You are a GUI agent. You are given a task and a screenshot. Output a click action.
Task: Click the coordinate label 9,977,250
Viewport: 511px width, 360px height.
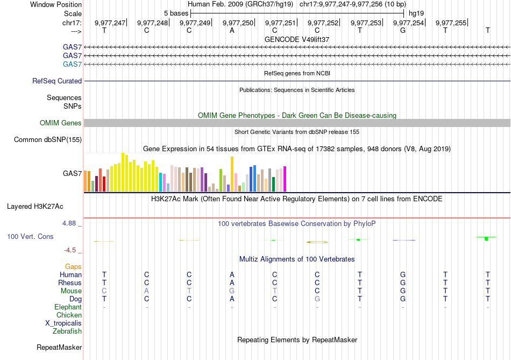(x=237, y=23)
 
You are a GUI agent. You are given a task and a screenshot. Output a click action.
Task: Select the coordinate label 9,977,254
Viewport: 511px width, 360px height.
(x=408, y=23)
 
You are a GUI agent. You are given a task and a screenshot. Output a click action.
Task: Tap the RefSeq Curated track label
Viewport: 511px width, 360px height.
(x=57, y=81)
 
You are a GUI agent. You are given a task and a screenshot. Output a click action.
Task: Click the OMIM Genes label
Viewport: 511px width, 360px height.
(x=61, y=123)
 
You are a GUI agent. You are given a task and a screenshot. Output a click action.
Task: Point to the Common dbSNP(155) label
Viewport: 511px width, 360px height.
(x=48, y=140)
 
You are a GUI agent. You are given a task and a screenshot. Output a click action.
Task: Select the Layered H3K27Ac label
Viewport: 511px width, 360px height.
(x=35, y=206)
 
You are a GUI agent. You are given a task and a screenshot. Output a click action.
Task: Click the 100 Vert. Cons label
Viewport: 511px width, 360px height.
(x=30, y=236)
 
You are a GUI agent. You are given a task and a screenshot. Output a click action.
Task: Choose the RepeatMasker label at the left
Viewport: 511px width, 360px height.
(x=59, y=348)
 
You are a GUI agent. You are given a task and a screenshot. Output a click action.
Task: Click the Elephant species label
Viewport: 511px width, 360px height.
(x=68, y=307)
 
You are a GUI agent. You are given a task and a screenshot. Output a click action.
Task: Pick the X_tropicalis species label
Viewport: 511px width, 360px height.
(x=63, y=323)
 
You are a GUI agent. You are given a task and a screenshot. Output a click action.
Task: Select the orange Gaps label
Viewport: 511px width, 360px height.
(x=73, y=267)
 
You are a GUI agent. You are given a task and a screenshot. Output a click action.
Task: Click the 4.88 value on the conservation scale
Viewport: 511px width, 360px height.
(x=72, y=223)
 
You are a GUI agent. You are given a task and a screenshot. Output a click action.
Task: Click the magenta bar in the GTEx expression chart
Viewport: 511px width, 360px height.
(x=285, y=179)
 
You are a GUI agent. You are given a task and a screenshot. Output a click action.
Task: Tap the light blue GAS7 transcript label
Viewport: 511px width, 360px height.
(x=72, y=65)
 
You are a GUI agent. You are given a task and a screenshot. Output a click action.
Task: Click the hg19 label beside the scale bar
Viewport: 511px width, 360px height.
(x=415, y=13)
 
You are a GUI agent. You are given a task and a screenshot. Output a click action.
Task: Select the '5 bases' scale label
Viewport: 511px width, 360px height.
(x=176, y=13)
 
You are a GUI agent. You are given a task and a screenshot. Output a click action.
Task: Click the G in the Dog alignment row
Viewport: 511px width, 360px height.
(x=317, y=299)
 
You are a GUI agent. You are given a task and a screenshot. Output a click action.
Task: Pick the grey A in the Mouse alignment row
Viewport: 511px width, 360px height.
(x=146, y=291)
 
